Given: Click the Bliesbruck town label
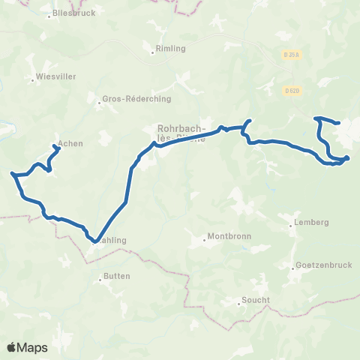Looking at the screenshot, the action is (75, 13).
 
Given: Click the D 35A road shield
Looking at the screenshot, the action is (292, 55).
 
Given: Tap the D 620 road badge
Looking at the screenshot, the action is (292, 91).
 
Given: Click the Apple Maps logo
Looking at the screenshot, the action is (27, 347).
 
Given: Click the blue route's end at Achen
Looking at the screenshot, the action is (58, 147).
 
